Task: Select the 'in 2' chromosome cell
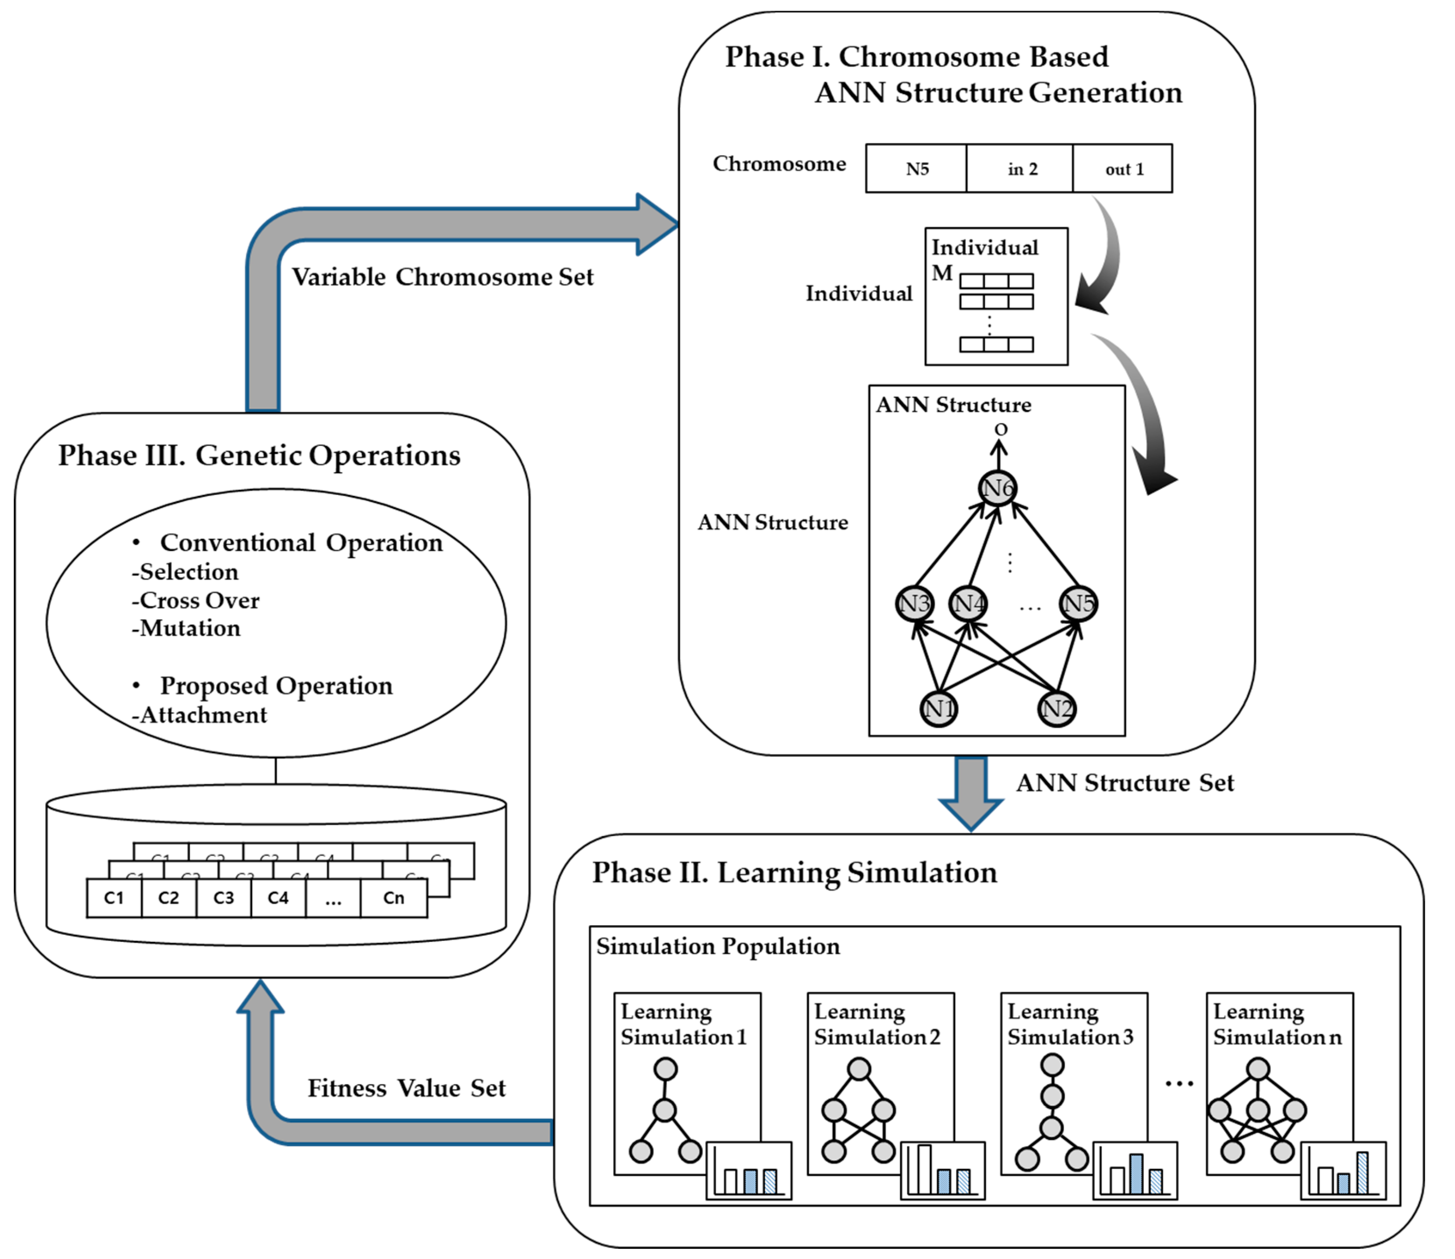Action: [x=1022, y=170]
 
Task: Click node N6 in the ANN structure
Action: [x=997, y=488]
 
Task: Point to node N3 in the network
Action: [x=915, y=604]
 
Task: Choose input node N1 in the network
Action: [x=938, y=708]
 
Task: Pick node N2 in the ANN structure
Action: [x=1057, y=708]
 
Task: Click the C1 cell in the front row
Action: [x=114, y=898]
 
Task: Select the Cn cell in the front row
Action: [x=394, y=898]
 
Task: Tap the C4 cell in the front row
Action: [x=278, y=898]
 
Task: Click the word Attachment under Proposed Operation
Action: [x=203, y=715]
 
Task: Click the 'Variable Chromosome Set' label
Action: [x=443, y=277]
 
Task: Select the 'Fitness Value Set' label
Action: [x=406, y=1088]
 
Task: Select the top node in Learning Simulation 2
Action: [x=859, y=1069]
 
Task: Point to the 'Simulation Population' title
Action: [x=718, y=946]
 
